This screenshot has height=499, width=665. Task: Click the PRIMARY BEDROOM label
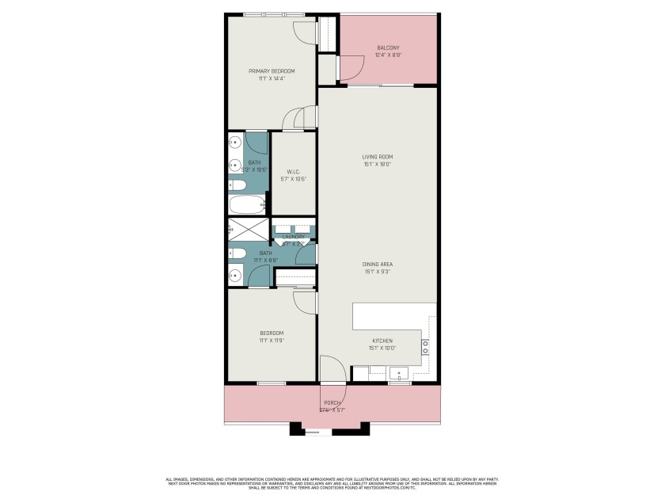coord(271,70)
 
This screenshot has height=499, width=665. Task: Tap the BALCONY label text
coord(388,48)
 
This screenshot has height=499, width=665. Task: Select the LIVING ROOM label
coord(378,157)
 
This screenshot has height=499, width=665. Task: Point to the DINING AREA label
coord(378,264)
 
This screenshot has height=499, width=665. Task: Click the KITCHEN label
coord(382,341)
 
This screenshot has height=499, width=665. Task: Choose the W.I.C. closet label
coord(293,171)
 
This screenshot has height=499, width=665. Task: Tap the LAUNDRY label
coord(294,236)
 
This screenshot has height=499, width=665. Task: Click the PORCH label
coord(332,402)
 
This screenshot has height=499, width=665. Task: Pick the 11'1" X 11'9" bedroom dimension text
coord(272,340)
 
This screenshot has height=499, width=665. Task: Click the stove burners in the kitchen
coord(425,345)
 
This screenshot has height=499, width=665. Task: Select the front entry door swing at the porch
coord(332,370)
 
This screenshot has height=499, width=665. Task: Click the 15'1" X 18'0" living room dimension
coord(378,165)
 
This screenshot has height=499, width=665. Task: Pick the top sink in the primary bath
coord(235,143)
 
